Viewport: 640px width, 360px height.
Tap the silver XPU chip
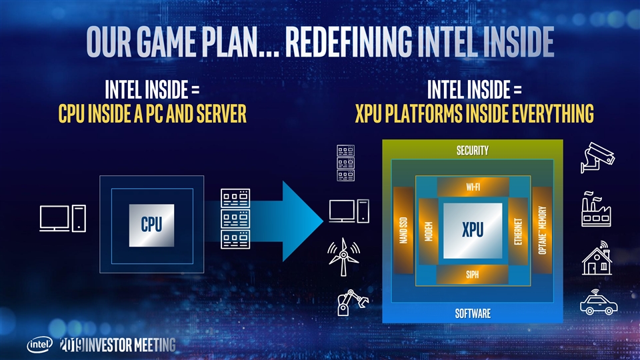tap(472, 229)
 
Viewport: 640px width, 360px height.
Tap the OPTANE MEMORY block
tap(543, 230)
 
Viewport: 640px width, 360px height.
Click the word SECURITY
tap(472, 151)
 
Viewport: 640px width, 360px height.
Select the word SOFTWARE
tap(472, 313)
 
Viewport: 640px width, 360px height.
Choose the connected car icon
tap(599, 303)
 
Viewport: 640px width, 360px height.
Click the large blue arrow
tap(287, 221)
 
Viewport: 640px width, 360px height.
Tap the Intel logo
tap(40, 345)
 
